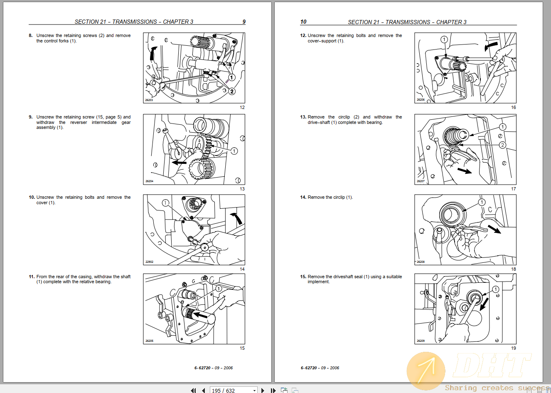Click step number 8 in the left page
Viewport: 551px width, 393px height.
pos(30,35)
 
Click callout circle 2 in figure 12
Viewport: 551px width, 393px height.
pos(232,91)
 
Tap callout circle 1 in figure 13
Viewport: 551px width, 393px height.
pos(234,151)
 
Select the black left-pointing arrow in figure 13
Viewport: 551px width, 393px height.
pos(179,163)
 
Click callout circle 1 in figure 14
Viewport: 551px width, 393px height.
pos(165,203)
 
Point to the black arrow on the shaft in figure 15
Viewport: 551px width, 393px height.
pos(200,315)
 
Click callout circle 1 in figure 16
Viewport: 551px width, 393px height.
pos(444,40)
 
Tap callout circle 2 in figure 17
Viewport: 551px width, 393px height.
pos(502,145)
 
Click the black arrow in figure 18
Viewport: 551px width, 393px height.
pos(494,229)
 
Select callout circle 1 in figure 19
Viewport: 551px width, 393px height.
pos(496,289)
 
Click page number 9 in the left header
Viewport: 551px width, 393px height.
pos(244,22)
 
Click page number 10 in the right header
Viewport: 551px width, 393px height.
pos(303,22)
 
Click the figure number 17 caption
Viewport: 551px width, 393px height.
pos(513,189)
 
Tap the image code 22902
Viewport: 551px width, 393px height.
pos(149,262)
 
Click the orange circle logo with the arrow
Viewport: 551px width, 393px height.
pos(426,371)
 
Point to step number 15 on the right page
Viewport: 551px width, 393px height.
pos(303,277)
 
